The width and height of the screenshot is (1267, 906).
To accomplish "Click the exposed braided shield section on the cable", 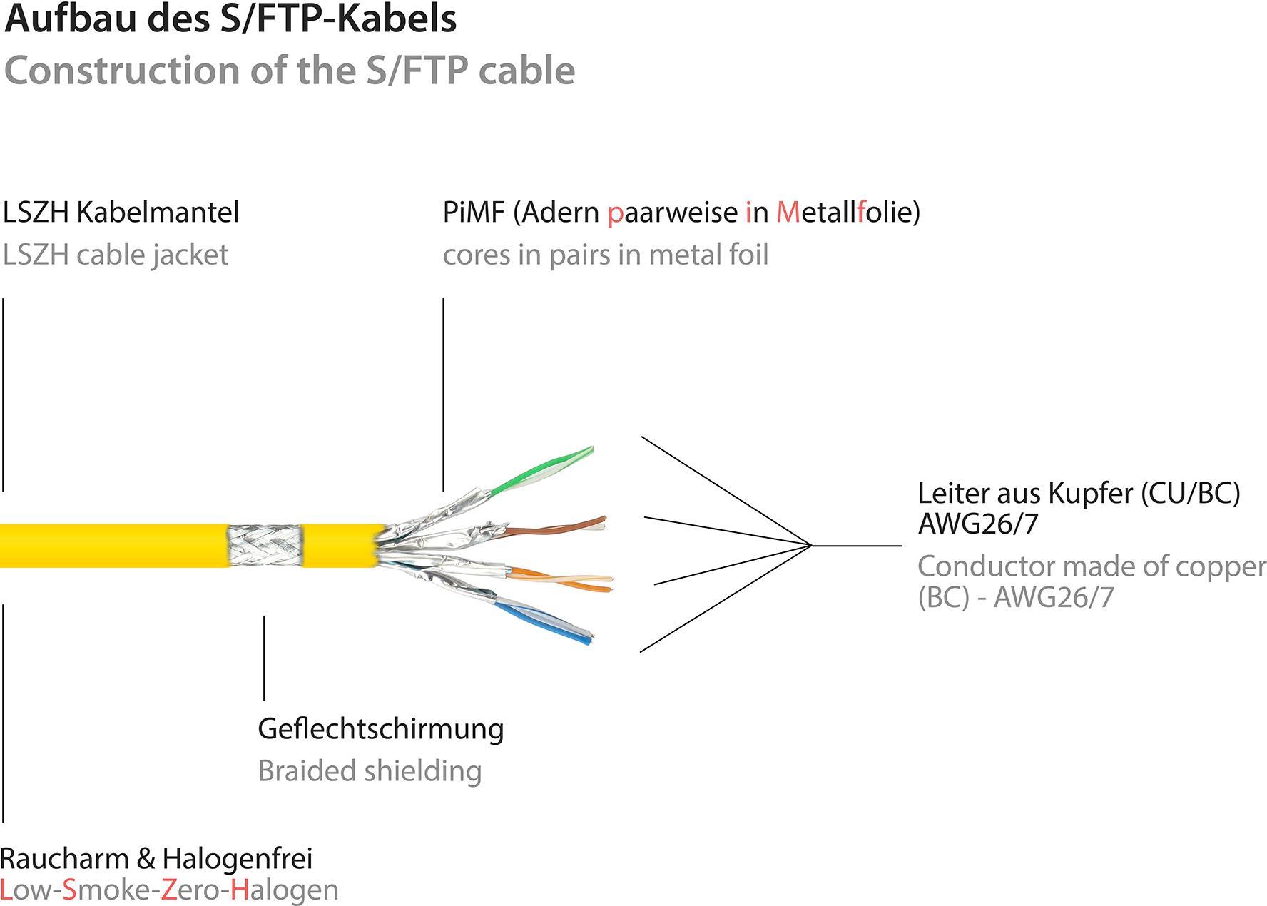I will coord(264,545).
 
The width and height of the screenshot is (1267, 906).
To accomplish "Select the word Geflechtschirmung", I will coord(380,728).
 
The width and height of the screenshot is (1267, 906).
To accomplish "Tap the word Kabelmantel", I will coord(158,212).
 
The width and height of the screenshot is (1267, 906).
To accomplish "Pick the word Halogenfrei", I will coord(237,858).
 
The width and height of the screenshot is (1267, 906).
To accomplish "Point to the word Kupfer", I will coord(1094,493).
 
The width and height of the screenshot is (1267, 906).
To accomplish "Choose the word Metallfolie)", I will coord(848,212).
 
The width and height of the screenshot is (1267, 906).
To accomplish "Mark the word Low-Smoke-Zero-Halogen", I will coord(169,890).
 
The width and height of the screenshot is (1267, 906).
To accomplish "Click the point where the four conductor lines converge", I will coord(811,546).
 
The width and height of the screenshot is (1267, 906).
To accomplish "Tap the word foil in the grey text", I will coord(747,255).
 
